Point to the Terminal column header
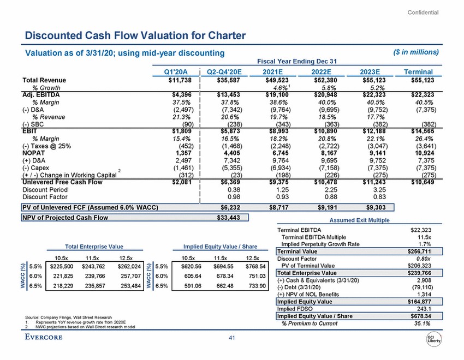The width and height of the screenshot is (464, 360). [x=418, y=71]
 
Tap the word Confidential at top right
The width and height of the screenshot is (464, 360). [x=423, y=13]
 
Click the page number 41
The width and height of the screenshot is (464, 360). [x=232, y=338]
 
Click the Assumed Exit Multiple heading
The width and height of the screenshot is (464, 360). [x=360, y=221]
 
